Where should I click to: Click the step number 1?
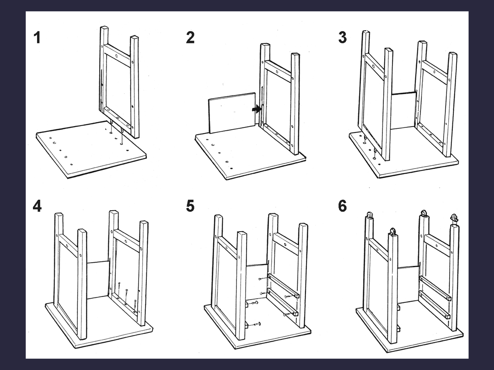pyautogui.click(x=37, y=37)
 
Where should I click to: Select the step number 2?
pyautogui.click(x=190, y=37)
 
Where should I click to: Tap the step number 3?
pyautogui.click(x=342, y=37)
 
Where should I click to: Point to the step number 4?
pyautogui.click(x=37, y=206)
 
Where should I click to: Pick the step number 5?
pyautogui.click(x=190, y=206)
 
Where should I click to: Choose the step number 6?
pyautogui.click(x=342, y=206)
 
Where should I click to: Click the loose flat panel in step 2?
pyautogui.click(x=231, y=113)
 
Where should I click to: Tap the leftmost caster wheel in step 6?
pyautogui.click(x=369, y=215)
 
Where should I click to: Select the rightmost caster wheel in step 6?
pyautogui.click(x=454, y=218)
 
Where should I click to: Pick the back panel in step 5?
pyautogui.click(x=256, y=281)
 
